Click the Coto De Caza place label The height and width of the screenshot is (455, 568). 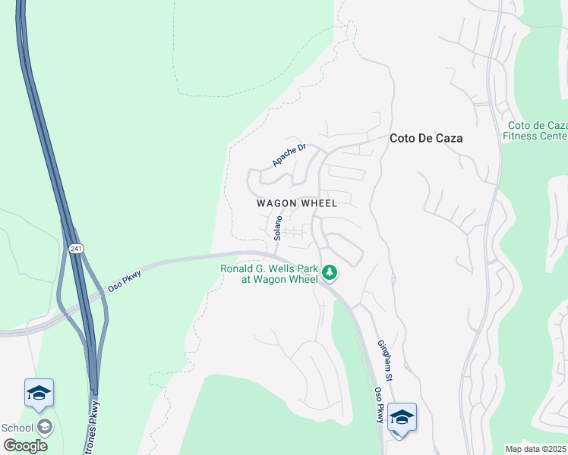pos(425,139)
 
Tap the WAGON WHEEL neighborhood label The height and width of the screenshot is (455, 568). pos(296,203)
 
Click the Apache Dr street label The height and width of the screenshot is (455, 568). pos(289,155)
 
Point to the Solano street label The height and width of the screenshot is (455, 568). pos(278,227)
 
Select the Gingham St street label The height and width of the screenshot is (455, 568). pos(385,360)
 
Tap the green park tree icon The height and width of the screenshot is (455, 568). pos(330,271)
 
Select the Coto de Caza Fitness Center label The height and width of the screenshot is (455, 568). pos(535,130)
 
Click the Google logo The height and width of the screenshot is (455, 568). pos(25,445)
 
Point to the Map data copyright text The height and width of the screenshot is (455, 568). pos(536,448)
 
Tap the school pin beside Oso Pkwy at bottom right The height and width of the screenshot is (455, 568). pos(402,418)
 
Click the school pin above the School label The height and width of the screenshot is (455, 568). pos(39,393)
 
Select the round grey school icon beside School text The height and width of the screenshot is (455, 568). pos(45,428)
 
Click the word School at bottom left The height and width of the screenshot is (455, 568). pos(17,428)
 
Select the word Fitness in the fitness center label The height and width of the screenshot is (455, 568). pos(523,136)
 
